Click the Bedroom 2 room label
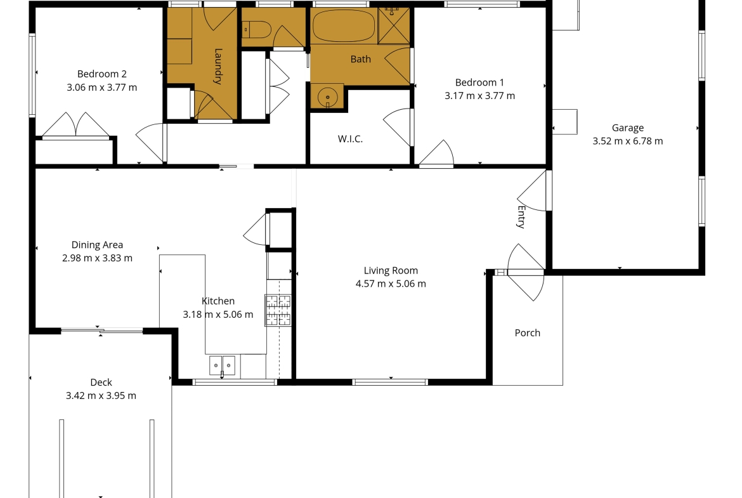pyautogui.click(x=101, y=74)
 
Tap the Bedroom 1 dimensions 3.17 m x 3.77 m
pyautogui.click(x=480, y=96)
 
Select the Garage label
pyautogui.click(x=627, y=128)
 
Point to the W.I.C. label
pyautogui.click(x=350, y=139)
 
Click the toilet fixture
pyautogui.click(x=256, y=30)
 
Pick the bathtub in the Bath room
pyautogui.click(x=344, y=25)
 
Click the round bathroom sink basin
pyautogui.click(x=327, y=97)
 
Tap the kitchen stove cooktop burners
pyautogui.click(x=278, y=310)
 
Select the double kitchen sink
pyautogui.click(x=223, y=365)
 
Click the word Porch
pyautogui.click(x=527, y=333)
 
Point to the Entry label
pyautogui.click(x=521, y=217)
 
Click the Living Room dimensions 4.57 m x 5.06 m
pyautogui.click(x=391, y=284)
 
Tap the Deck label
pyautogui.click(x=101, y=382)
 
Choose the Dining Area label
pyautogui.click(x=97, y=245)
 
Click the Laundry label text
pyautogui.click(x=218, y=66)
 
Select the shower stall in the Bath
pyautogui.click(x=394, y=25)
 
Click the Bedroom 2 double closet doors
pyautogui.click(x=75, y=124)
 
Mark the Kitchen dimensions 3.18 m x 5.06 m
pyautogui.click(x=218, y=314)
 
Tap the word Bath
pyautogui.click(x=361, y=59)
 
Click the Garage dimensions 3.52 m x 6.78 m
pyautogui.click(x=627, y=141)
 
